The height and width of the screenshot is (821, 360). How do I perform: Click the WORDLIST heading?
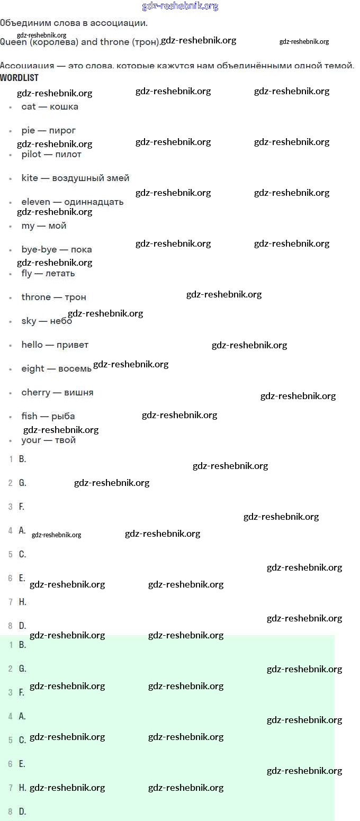tap(20, 78)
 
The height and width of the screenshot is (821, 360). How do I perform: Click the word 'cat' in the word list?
tap(29, 107)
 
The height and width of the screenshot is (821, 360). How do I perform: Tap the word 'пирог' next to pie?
tap(62, 131)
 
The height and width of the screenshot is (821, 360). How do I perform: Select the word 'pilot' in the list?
tap(31, 155)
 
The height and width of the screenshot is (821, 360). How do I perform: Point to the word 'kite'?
tap(30, 178)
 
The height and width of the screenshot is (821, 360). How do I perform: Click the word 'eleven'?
tap(36, 202)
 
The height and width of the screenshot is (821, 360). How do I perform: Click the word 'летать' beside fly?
tap(60, 274)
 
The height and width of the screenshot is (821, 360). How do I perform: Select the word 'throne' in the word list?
tap(36, 297)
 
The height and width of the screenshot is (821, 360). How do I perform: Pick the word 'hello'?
tap(32, 345)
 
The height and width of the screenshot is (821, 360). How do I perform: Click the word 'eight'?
tap(33, 369)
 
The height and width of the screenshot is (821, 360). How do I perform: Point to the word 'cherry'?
tap(35, 393)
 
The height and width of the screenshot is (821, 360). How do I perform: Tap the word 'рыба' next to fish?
tap(63, 417)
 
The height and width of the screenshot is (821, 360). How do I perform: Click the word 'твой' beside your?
tap(65, 440)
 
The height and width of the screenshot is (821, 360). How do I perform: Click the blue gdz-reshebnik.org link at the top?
tap(180, 6)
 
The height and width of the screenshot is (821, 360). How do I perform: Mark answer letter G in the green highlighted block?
tap(22, 669)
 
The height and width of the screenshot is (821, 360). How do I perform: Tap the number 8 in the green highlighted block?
tap(10, 812)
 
